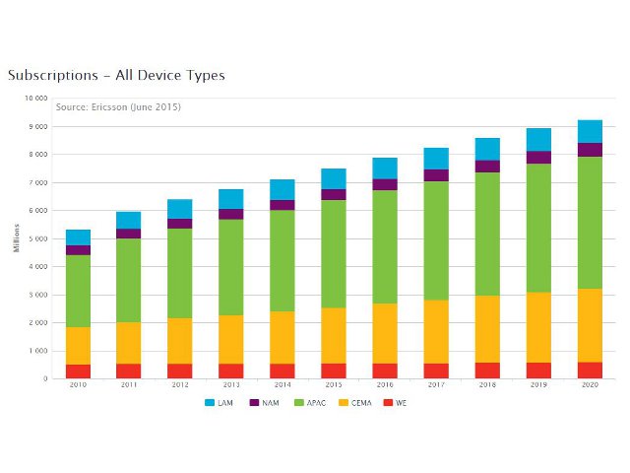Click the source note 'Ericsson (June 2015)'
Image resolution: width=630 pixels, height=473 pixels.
click(118, 106)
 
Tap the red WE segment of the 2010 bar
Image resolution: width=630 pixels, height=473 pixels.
click(78, 372)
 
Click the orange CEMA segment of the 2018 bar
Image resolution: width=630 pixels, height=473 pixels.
click(487, 329)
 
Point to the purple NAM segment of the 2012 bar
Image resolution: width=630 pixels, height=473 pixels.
click(180, 224)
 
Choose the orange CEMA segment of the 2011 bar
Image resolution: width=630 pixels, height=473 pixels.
click(129, 343)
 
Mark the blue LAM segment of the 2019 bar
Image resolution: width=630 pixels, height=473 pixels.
click(538, 140)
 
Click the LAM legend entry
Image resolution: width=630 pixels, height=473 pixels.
click(218, 403)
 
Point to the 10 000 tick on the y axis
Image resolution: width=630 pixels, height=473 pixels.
click(35, 99)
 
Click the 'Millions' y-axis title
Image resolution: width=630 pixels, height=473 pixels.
click(16, 238)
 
